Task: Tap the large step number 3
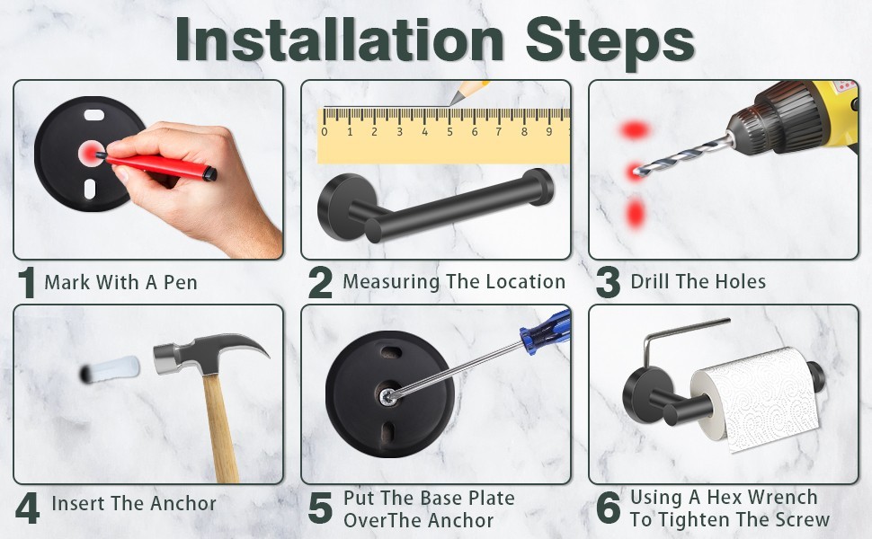(x=608, y=282)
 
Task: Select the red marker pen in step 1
(x=156, y=165)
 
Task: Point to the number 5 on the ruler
(x=449, y=132)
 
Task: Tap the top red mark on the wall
(x=635, y=130)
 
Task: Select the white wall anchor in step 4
(x=110, y=369)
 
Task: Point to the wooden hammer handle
(x=221, y=428)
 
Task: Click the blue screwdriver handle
(x=546, y=331)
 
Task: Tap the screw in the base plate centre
(x=387, y=396)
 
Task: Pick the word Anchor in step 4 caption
(x=183, y=503)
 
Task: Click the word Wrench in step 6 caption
(x=785, y=497)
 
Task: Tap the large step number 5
(x=320, y=508)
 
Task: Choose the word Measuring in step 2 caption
(x=391, y=282)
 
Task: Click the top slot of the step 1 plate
(x=94, y=116)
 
